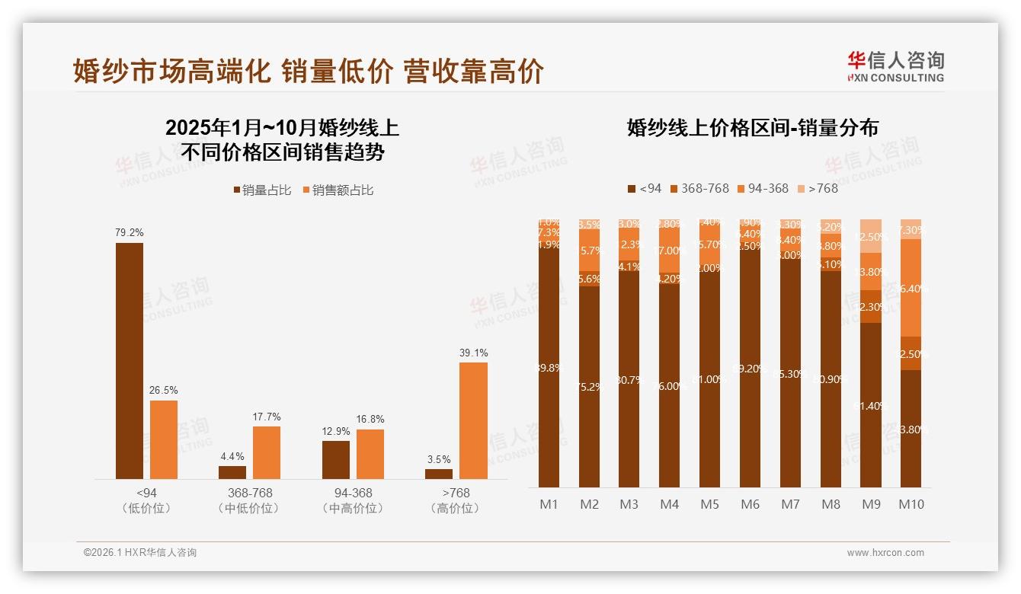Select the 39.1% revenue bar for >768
473,420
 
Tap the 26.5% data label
163,390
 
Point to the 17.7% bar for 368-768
267,452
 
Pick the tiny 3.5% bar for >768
439,474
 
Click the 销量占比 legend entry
262,190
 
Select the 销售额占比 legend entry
338,190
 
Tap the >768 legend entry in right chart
818,188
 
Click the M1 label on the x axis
549,504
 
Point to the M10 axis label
911,504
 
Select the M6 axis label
750,504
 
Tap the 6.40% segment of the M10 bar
911,288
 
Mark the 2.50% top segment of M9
871,236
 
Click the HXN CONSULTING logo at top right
895,67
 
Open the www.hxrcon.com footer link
885,553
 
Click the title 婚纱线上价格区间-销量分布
752,128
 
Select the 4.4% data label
232,456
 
